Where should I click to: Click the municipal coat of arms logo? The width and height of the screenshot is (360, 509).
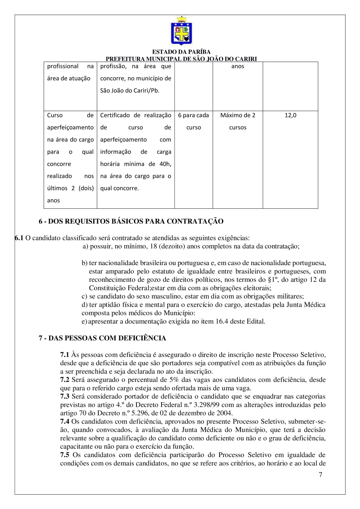pos(181,31)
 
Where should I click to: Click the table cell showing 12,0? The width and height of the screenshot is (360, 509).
pos(290,116)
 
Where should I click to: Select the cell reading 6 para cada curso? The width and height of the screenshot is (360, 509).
pos(194,122)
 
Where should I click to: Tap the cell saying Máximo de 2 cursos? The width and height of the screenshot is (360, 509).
pos(238,122)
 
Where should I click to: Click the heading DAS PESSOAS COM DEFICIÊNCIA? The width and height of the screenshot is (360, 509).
pos(102,338)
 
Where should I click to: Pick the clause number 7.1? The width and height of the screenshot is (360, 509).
pos(64,354)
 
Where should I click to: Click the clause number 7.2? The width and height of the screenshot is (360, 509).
pos(64,378)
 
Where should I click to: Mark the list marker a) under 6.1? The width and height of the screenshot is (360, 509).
pos(85,246)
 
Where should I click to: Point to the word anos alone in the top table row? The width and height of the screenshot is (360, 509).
pos(238,66)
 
